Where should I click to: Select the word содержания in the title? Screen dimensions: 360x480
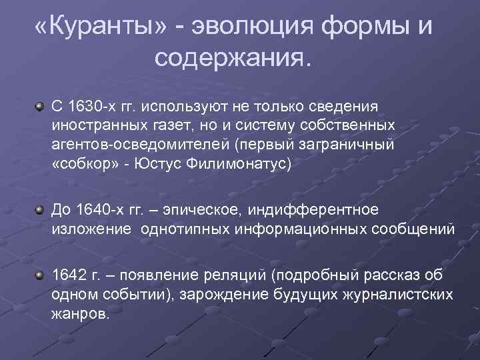coord(231,58)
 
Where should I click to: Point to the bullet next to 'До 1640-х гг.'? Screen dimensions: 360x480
coord(41,211)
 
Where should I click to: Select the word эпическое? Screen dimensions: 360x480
coord(208,211)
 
